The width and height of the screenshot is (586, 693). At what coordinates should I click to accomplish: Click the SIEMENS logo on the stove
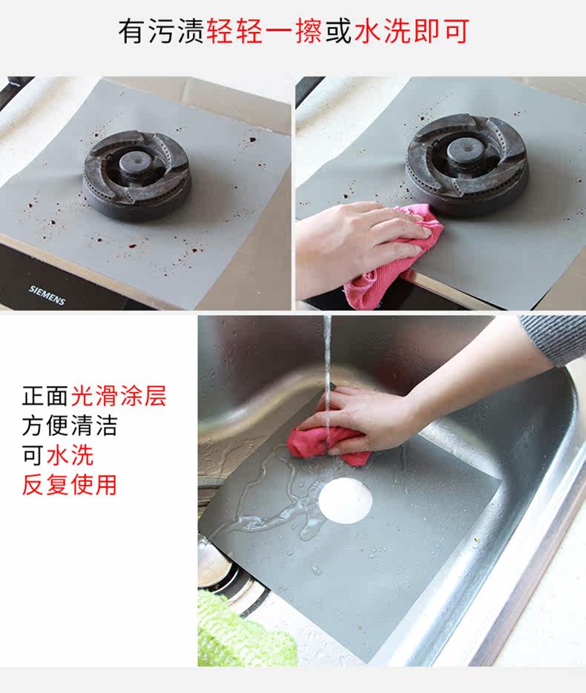[x=47, y=295]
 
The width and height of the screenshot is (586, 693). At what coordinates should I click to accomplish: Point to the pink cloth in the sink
[x=327, y=444]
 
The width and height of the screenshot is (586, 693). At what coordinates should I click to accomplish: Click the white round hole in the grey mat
[x=346, y=502]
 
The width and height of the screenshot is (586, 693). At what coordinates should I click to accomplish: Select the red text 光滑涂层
[x=119, y=396]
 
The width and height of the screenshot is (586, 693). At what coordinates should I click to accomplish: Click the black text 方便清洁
[x=70, y=425]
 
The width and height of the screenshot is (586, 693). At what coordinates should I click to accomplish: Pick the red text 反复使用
[x=70, y=485]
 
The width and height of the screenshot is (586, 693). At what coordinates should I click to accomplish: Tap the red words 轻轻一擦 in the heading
[x=264, y=31]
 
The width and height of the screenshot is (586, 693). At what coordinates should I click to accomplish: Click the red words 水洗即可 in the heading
[x=412, y=31]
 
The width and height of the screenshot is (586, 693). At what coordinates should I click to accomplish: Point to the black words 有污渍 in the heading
[x=161, y=31]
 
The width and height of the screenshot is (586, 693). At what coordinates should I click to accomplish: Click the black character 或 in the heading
[x=338, y=31]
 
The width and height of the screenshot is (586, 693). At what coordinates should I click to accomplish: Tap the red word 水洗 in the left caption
[x=70, y=455]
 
